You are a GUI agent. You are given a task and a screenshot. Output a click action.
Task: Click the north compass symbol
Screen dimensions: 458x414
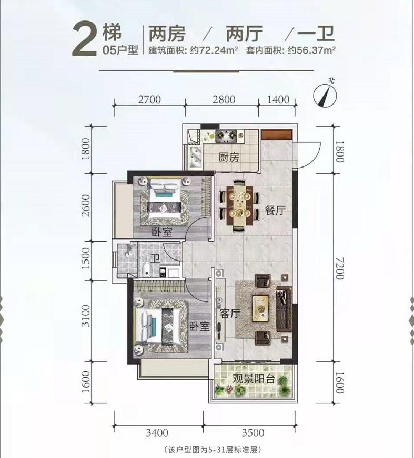tap(326, 95)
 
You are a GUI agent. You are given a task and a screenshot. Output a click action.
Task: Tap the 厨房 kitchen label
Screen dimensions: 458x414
tap(229, 157)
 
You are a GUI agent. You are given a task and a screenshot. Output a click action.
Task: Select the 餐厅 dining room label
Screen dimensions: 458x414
tap(275, 211)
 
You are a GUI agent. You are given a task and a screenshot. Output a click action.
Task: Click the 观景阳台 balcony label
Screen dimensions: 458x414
tap(252, 379)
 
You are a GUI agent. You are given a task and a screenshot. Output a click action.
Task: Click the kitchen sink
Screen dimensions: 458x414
tap(194, 155)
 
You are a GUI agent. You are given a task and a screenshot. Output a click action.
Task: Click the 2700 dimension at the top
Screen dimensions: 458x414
tap(149, 99)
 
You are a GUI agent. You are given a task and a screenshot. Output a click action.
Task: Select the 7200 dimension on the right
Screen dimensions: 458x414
tap(340, 269)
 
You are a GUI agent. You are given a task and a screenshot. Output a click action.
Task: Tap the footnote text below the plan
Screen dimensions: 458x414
tap(213, 450)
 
